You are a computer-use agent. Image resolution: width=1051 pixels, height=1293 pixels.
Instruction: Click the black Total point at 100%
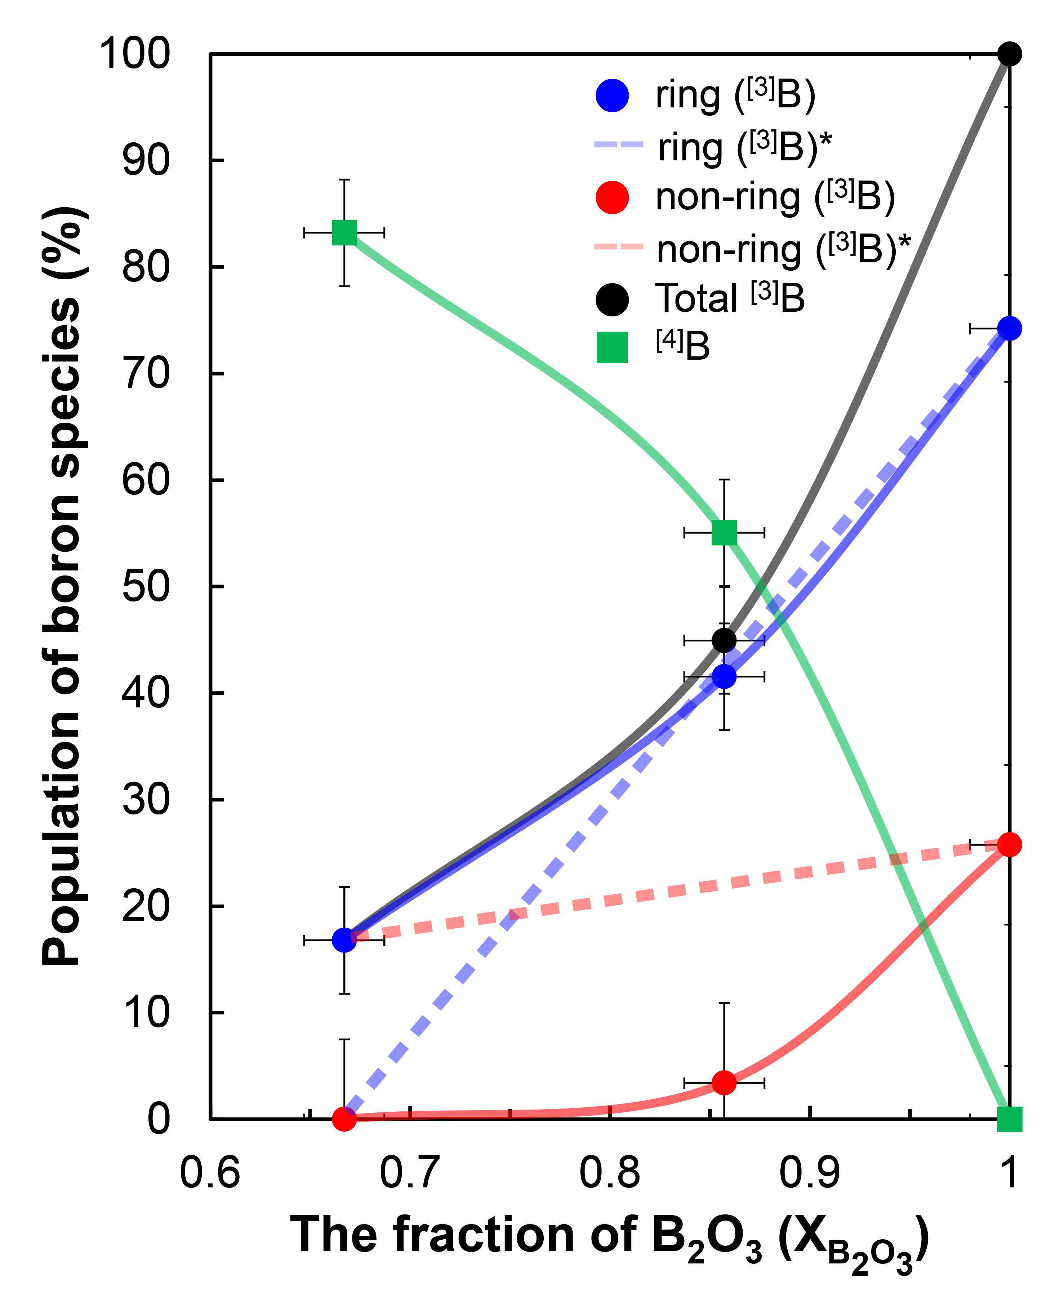click(x=1008, y=54)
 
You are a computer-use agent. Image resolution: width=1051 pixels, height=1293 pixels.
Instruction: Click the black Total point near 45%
click(x=724, y=640)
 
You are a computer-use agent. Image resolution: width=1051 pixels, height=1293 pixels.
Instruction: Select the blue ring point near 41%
click(x=724, y=676)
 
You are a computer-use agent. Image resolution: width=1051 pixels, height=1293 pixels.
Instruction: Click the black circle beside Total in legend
click(x=612, y=299)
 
